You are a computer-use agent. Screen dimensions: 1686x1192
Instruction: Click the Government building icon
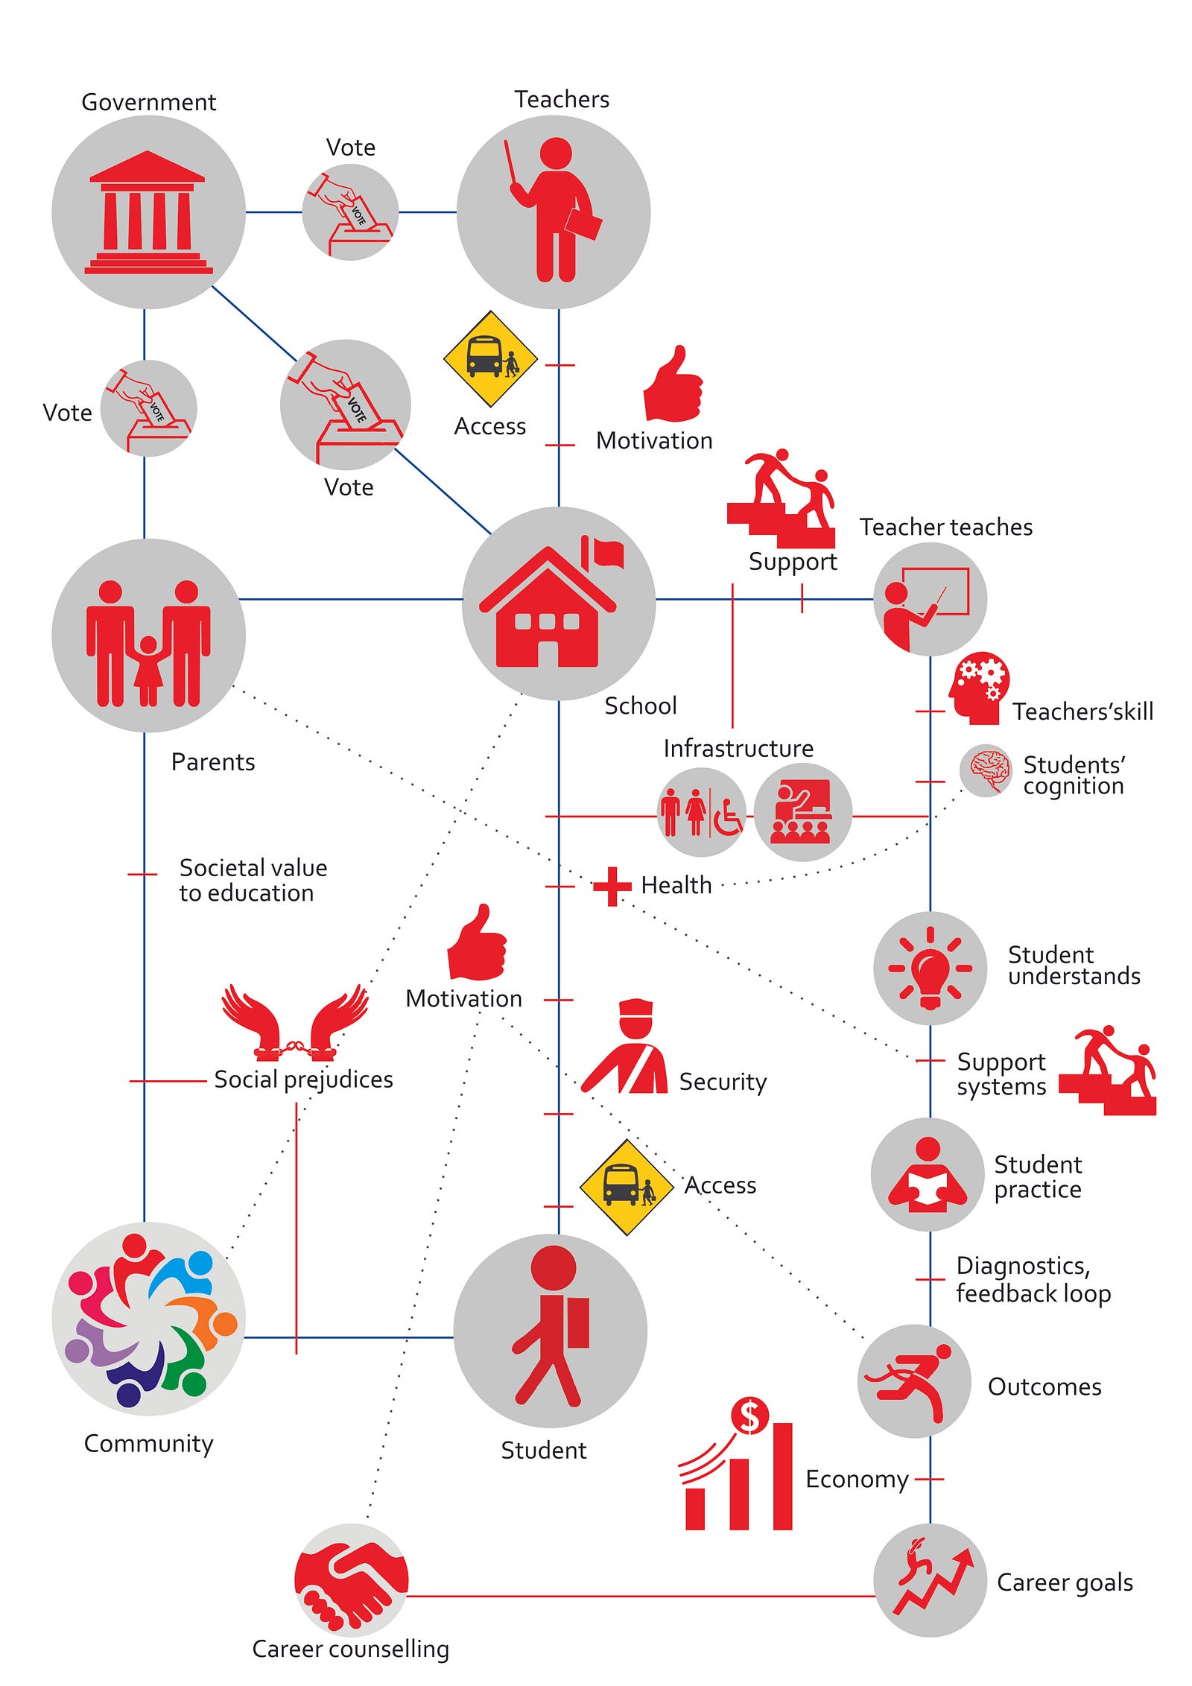click(x=148, y=212)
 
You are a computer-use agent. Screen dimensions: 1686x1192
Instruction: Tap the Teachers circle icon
click(x=554, y=212)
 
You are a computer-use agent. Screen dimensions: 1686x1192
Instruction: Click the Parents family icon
click(x=148, y=636)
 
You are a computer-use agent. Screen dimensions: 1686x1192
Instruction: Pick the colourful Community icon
click(x=148, y=1319)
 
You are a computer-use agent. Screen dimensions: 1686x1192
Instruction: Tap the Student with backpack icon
click(x=551, y=1331)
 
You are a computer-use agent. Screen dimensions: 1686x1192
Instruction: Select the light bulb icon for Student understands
click(x=930, y=969)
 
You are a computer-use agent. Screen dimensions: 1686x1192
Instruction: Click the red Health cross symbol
click(x=612, y=886)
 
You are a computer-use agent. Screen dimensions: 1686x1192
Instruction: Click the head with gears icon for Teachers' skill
click(x=979, y=688)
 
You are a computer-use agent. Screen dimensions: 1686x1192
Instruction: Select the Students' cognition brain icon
click(x=986, y=770)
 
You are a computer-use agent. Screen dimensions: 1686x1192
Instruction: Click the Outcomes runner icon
click(x=914, y=1381)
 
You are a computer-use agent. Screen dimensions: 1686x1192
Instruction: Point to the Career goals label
click(x=1065, y=1582)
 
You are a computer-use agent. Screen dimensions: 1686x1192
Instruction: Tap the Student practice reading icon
click(x=928, y=1175)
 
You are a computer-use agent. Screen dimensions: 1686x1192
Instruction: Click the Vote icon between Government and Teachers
click(x=350, y=212)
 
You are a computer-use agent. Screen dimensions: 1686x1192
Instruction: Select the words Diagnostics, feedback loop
click(x=1033, y=1279)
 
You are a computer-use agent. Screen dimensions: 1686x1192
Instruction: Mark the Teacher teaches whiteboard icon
click(x=930, y=599)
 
